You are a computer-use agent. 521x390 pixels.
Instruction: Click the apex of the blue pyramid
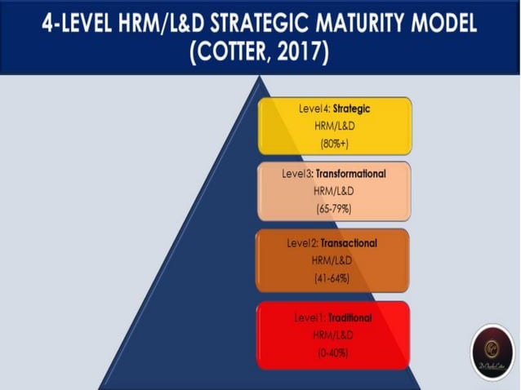click(x=260, y=78)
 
